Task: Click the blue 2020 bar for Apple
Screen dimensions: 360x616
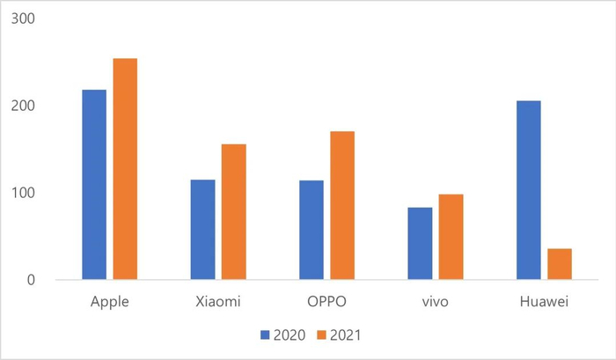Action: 94,185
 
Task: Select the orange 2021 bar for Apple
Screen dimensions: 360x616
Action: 125,169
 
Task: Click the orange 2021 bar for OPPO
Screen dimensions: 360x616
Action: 342,205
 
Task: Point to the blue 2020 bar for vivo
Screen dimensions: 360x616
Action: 420,244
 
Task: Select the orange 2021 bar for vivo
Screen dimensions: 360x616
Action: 451,237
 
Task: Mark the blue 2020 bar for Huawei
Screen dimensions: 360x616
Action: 528,190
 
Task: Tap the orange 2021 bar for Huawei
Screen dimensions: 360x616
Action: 560,264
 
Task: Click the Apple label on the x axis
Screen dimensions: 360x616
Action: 110,301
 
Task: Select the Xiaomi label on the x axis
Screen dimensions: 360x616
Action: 218,301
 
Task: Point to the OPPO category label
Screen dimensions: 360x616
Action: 326,301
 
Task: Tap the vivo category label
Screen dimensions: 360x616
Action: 435,301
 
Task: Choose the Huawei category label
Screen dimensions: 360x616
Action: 544,301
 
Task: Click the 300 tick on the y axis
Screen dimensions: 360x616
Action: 22,18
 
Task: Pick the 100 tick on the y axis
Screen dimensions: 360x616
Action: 22,193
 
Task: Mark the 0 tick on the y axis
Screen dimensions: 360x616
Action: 30,280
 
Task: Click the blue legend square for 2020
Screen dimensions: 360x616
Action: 264,335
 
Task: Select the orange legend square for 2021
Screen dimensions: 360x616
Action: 323,335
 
